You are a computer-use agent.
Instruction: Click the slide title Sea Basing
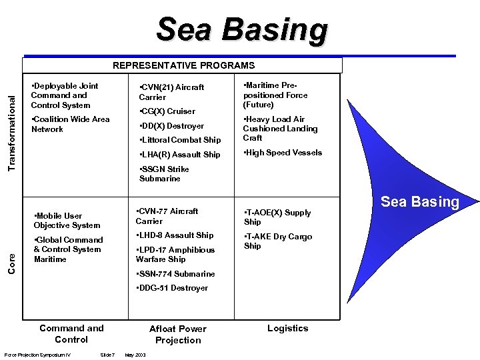coord(242,30)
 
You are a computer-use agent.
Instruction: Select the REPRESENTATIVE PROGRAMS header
coord(183,65)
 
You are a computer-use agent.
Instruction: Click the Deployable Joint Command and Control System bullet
coord(65,95)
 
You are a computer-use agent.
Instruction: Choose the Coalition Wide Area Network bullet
coord(70,124)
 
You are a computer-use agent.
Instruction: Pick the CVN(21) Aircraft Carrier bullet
coord(171,92)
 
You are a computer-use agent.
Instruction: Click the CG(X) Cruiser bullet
coord(167,111)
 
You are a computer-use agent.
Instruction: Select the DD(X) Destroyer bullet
coord(171,125)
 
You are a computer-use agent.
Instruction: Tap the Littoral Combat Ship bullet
coord(179,140)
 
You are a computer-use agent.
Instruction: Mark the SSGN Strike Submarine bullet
coord(164,174)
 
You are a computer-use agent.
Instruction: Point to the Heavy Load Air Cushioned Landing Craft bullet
coord(280,128)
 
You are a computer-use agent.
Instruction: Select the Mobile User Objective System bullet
coord(67,221)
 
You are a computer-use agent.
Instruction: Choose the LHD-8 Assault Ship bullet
coord(174,235)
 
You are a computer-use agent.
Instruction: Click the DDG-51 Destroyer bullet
coord(171,288)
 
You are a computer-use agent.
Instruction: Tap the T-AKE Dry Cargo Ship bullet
coord(277,241)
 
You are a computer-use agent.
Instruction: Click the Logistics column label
coord(288,328)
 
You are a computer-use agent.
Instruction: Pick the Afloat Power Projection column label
coord(178,334)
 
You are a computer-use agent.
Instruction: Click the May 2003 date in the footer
coord(135,353)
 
